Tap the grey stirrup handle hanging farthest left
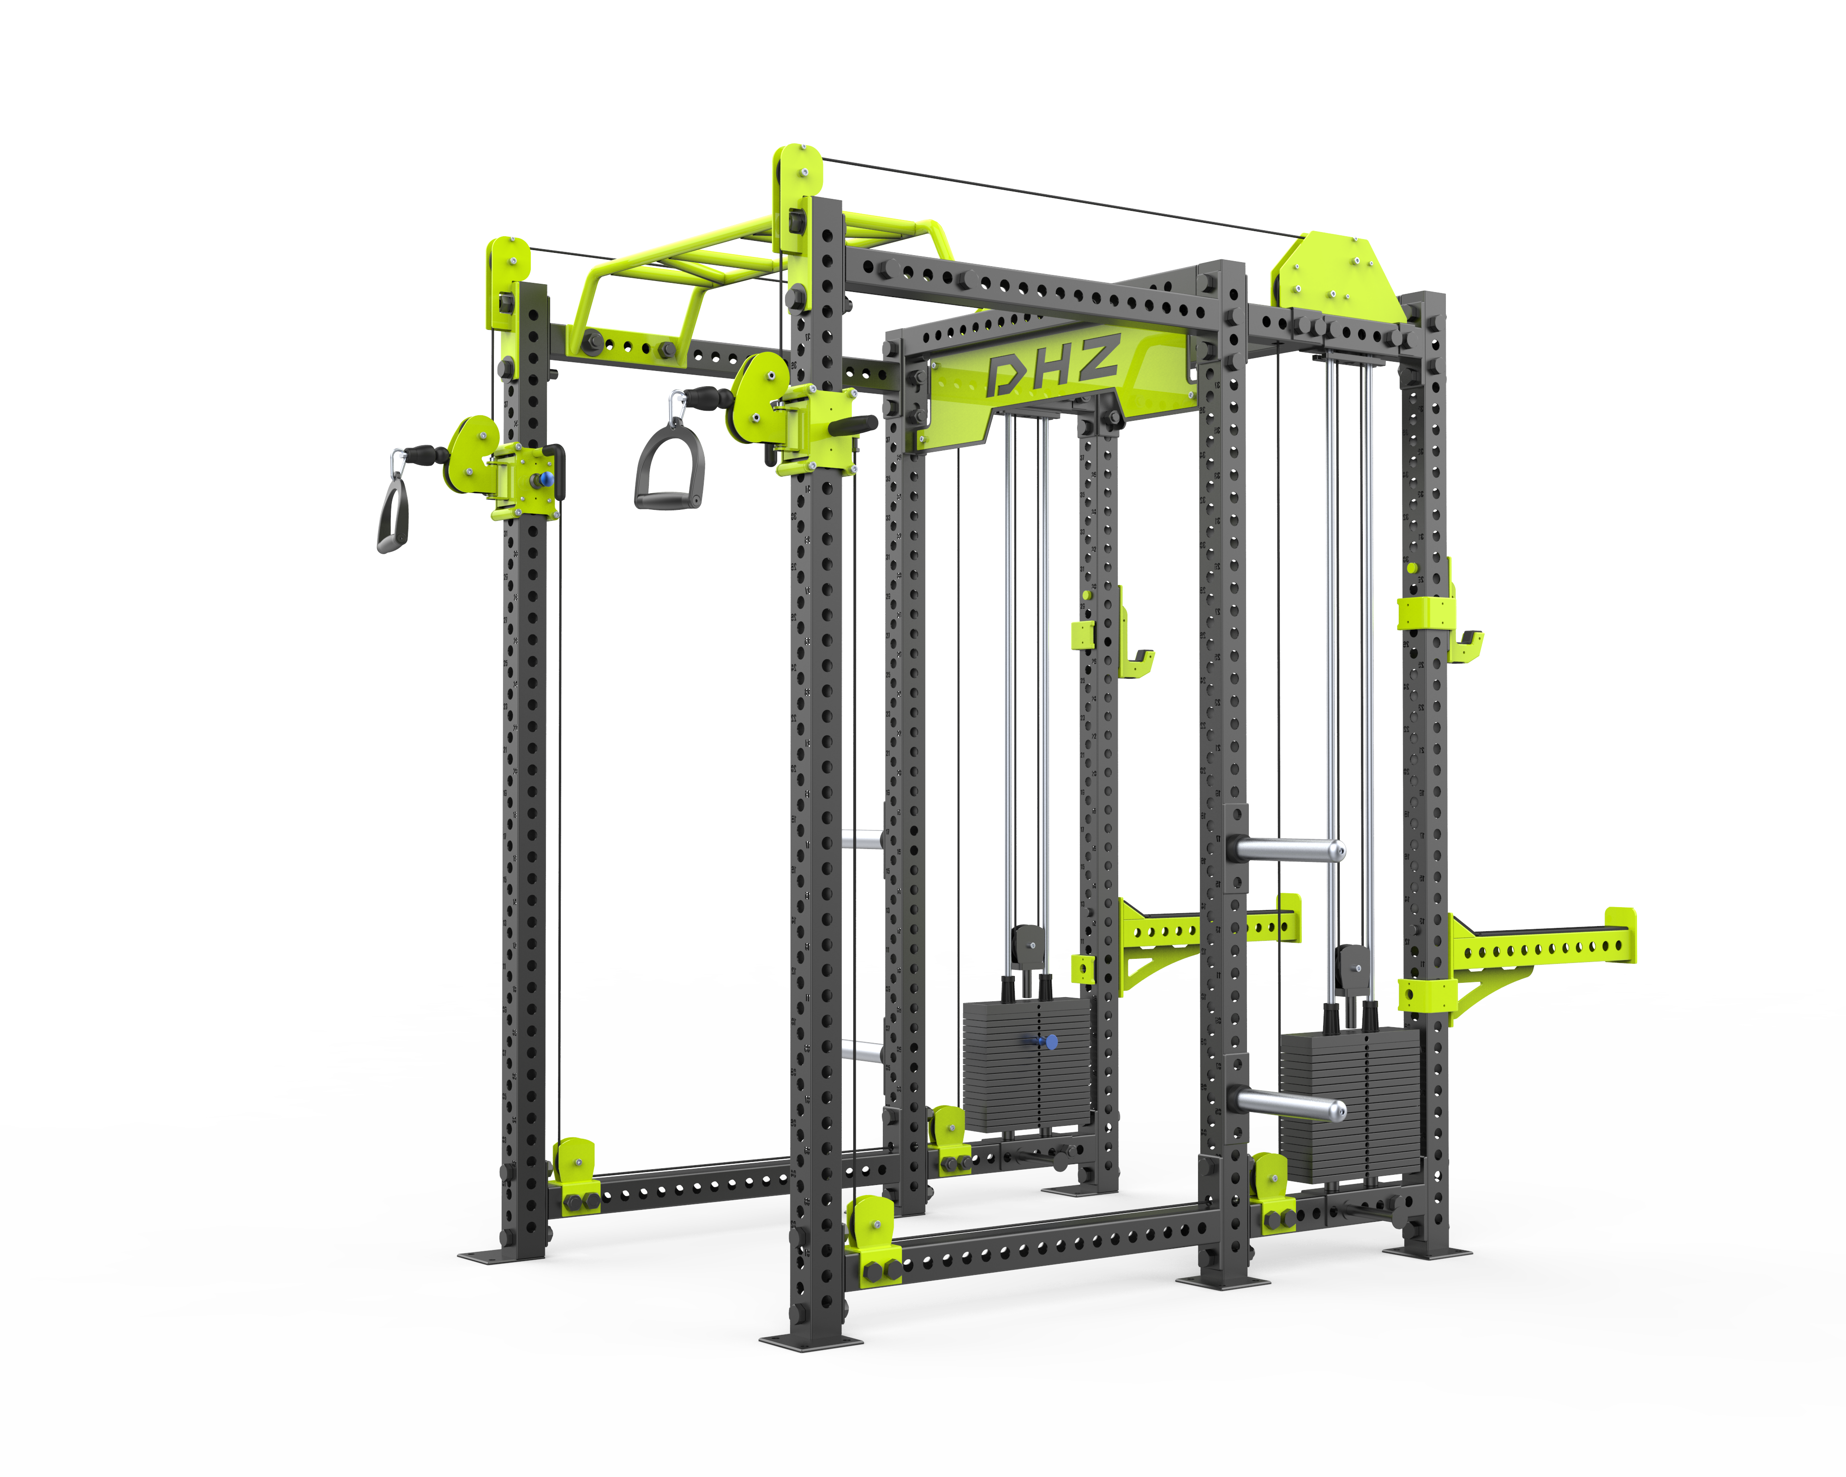point(393,514)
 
